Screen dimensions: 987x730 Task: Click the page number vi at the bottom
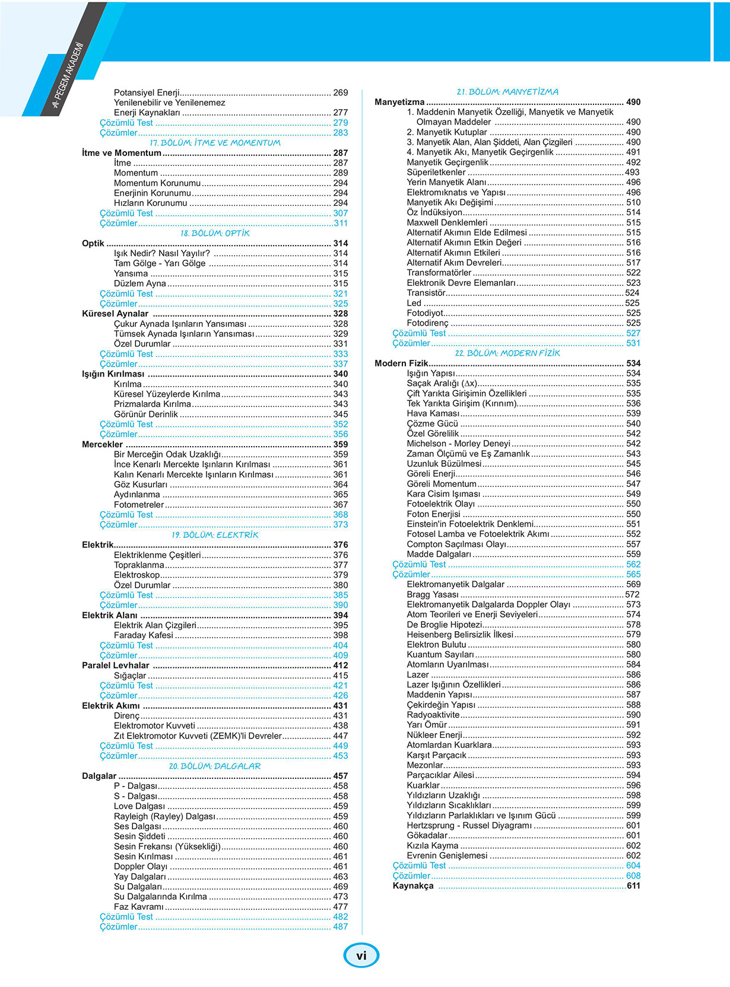pyautogui.click(x=361, y=955)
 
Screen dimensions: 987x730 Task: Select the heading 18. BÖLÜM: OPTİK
pyautogui.click(x=215, y=233)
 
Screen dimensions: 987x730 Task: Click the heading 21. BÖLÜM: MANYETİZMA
pyautogui.click(x=507, y=92)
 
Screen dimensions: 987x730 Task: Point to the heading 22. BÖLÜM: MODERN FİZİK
pyautogui.click(x=507, y=353)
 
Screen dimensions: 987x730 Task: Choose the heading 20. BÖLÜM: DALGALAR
pyautogui.click(x=215, y=766)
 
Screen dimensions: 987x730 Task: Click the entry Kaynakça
pyautogui.click(x=413, y=886)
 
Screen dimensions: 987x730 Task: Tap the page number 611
pyautogui.click(x=633, y=886)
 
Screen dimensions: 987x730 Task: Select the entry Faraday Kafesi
pyautogui.click(x=144, y=635)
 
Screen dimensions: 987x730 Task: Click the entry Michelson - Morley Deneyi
pyautogui.click(x=458, y=444)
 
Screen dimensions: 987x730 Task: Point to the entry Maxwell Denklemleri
pyautogui.click(x=447, y=222)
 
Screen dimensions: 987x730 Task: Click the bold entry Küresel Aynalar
pyautogui.click(x=115, y=314)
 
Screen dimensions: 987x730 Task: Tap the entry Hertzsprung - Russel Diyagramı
pyautogui.click(x=469, y=825)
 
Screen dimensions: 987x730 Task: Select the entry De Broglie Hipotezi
pyautogui.click(x=445, y=625)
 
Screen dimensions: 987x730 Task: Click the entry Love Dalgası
pyautogui.click(x=139, y=806)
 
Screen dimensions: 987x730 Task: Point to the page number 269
pyautogui.click(x=341, y=93)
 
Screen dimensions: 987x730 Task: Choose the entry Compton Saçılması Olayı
pyautogui.click(x=456, y=544)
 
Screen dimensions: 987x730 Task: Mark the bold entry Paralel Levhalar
pyautogui.click(x=116, y=665)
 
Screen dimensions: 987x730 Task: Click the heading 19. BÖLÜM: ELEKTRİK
pyautogui.click(x=215, y=534)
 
